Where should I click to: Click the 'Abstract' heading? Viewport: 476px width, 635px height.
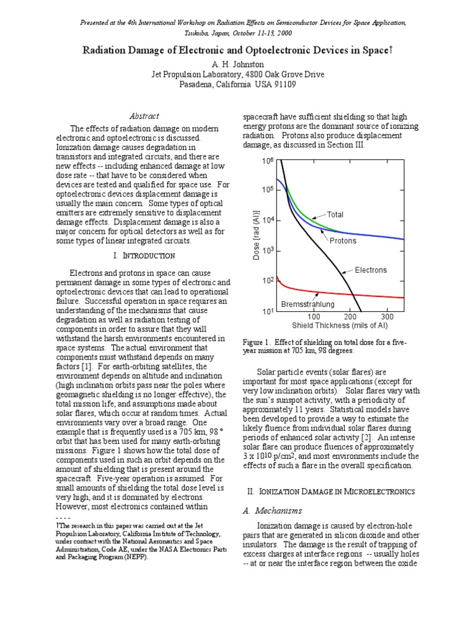(144, 116)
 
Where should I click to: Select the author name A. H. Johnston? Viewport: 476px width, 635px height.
(238, 64)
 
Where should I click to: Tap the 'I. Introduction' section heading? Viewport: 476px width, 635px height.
(144, 255)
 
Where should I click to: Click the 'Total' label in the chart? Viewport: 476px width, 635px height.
(335, 215)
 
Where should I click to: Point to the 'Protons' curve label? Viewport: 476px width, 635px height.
(343, 240)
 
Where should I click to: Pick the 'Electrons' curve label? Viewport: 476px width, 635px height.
(371, 270)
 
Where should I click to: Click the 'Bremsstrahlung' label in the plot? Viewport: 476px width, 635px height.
(308, 304)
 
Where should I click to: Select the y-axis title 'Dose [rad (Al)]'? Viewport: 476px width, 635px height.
(256, 236)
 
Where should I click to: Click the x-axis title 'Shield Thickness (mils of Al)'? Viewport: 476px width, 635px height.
(340, 325)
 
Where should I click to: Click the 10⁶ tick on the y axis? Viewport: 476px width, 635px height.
(268, 161)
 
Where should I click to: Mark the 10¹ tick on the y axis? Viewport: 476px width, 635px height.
(268, 311)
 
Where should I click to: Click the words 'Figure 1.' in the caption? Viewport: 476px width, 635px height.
(257, 342)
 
